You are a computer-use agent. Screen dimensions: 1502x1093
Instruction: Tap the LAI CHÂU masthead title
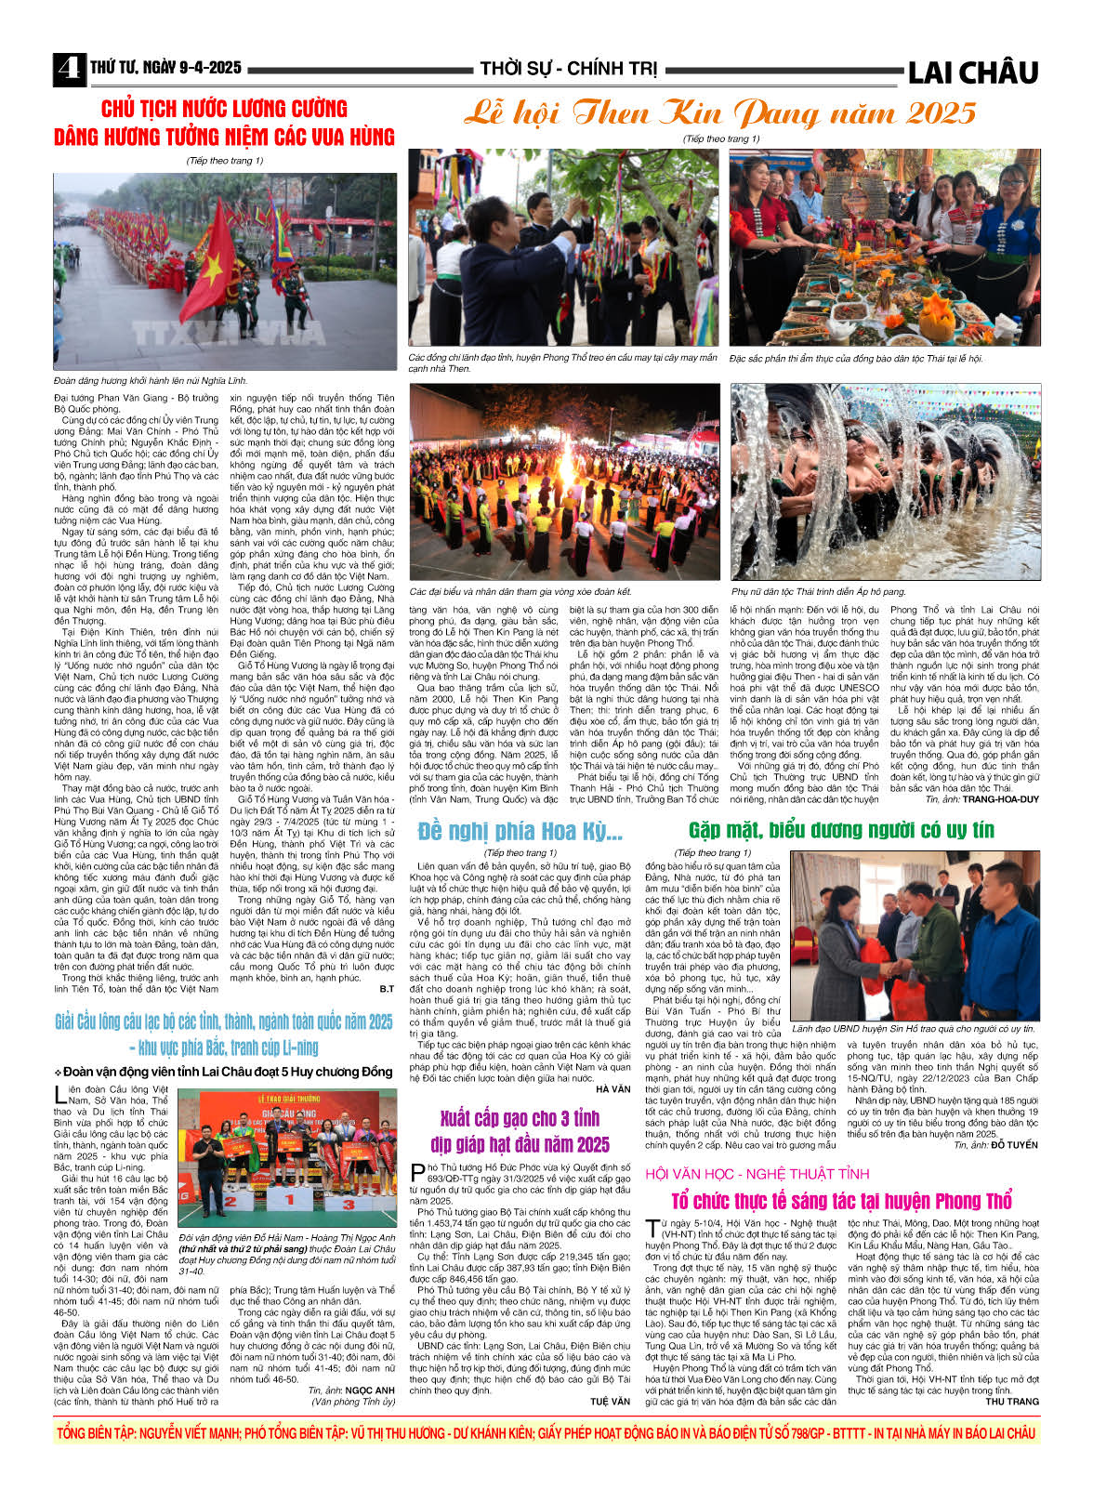pos(972,72)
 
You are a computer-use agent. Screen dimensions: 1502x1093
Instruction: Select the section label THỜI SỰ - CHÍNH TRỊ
pos(568,69)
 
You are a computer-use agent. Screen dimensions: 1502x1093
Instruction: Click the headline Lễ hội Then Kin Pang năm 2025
pos(720,113)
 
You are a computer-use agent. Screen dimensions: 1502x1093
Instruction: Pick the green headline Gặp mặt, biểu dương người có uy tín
pos(841,830)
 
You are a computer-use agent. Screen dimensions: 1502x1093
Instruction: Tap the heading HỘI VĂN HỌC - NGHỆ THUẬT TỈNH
pos(757,1174)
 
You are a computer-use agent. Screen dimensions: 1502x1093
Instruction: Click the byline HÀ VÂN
pos(612,1089)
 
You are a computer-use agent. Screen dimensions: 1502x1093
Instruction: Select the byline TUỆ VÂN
pos(611,1401)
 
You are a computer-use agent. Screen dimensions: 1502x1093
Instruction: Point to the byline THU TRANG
pos(1012,1401)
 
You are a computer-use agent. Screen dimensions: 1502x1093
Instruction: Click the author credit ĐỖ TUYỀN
pos(1014,1144)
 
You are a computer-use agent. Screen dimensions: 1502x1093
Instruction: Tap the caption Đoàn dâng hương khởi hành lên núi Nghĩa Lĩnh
pos(150,381)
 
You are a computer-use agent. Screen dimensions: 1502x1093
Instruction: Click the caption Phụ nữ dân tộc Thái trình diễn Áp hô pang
pos(818,591)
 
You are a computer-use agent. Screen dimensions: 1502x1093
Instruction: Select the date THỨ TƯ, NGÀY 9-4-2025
pos(165,68)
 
